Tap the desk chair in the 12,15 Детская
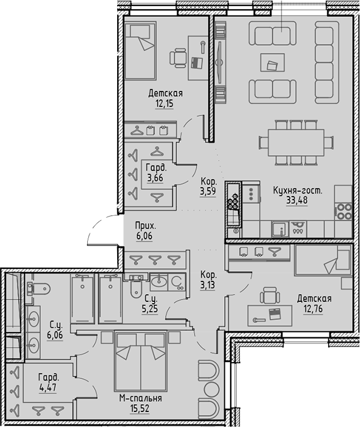coord(178,58)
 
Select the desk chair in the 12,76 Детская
coord(269,296)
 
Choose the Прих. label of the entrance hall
coord(145,226)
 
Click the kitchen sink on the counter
coord(278,229)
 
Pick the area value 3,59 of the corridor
coord(208,192)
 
